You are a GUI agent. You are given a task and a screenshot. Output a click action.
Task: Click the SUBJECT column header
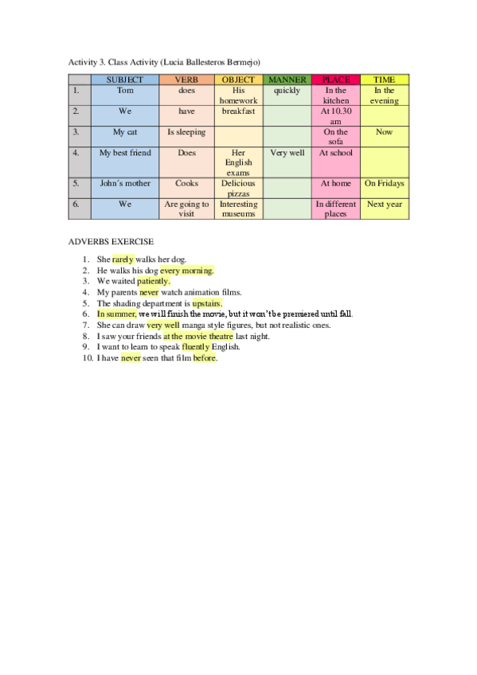[124, 80]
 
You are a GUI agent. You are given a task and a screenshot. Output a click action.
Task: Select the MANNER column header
[287, 80]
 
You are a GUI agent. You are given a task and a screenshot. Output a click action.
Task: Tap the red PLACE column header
[335, 80]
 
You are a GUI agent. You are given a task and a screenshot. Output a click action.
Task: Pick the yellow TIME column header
[384, 80]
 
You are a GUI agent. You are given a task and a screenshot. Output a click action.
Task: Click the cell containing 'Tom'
[124, 91]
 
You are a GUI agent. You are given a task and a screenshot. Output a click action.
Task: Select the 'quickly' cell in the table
[287, 91]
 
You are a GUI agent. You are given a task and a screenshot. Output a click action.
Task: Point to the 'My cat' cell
[124, 132]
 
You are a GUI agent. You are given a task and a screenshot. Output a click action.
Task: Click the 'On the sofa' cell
[335, 137]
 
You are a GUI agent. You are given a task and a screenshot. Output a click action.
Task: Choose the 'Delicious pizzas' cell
[238, 188]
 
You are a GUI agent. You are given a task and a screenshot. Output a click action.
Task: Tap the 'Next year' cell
[384, 204]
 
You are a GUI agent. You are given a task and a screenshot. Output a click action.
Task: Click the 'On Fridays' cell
[384, 183]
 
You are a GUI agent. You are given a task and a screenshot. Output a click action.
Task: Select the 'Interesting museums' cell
[238, 209]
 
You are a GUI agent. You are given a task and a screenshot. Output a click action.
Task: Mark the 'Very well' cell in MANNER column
[287, 153]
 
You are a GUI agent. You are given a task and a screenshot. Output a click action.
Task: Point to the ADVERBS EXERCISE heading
[111, 241]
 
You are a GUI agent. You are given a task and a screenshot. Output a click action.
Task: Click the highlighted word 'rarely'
[123, 259]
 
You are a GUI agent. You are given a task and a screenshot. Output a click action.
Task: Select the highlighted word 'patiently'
[154, 281]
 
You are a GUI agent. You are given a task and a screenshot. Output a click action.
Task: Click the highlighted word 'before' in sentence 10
[205, 358]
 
